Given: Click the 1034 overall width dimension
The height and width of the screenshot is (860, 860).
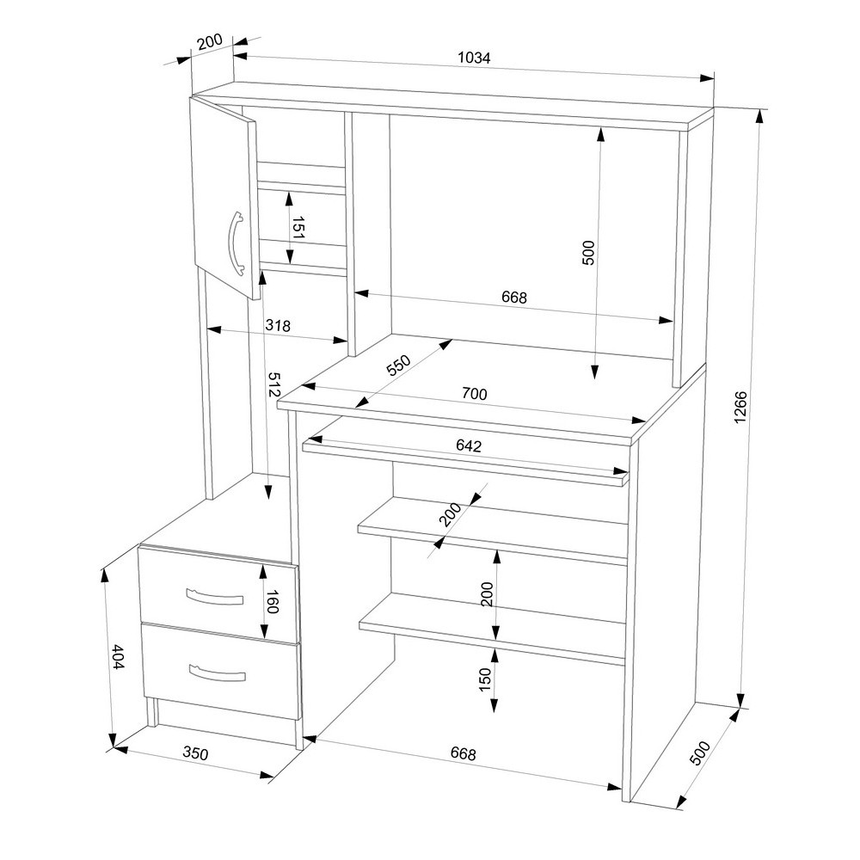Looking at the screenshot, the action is pos(474,57).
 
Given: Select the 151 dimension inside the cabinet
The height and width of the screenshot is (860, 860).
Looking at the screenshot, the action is pos(298,227).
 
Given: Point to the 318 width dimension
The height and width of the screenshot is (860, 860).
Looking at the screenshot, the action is pos(278,325).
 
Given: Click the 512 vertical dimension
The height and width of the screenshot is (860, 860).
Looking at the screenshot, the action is pos(273,384).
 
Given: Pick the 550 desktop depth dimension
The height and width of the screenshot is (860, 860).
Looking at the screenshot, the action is pos(398,365).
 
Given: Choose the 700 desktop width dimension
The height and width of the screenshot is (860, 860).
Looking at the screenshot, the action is pos(475,393).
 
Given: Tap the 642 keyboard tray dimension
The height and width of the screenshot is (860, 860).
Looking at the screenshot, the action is pos(469,445).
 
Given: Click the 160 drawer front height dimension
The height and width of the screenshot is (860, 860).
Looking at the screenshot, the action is pos(273,601).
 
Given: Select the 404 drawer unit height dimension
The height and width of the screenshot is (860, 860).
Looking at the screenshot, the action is pos(118,656).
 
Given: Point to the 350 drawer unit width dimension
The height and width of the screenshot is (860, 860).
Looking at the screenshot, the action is pos(195,753).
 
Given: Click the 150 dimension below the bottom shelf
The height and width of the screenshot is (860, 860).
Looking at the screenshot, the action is pos(485,679).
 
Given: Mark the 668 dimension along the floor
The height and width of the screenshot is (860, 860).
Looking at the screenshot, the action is pos(463,753).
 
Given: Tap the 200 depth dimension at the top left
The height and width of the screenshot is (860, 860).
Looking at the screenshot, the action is pos(210,41).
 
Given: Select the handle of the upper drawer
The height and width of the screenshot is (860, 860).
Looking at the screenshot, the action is pos(214,597).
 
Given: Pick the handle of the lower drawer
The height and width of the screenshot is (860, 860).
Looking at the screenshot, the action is pos(217,673).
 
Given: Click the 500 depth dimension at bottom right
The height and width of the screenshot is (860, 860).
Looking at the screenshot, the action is pos(700,752).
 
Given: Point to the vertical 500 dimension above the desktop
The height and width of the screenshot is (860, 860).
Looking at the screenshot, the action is pos(587,252).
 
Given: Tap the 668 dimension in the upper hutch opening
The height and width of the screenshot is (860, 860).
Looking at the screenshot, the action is pos(514,297).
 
